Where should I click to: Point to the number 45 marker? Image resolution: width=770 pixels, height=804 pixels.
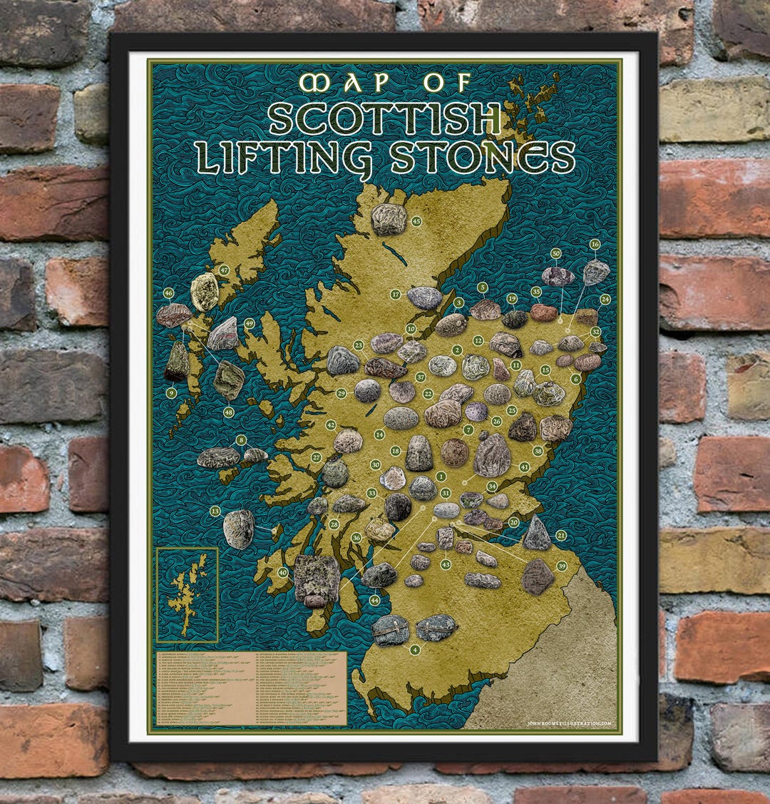point(416,221)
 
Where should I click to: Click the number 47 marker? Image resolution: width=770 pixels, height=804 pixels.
point(224,270)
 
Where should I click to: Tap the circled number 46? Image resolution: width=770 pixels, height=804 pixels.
point(168,292)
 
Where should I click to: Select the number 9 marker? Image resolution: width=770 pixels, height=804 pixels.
point(171,392)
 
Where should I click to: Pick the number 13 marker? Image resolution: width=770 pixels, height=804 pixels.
point(215,511)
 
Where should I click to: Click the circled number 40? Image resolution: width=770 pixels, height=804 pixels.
point(283,572)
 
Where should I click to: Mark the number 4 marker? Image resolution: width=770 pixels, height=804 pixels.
point(415,650)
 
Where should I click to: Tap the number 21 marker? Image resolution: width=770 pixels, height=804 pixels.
point(561,535)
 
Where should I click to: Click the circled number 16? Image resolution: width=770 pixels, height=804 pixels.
point(595,244)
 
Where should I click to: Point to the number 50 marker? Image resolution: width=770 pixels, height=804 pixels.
point(556,253)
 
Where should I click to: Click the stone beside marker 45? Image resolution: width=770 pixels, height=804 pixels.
point(389,219)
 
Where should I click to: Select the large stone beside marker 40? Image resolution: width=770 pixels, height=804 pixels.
point(317,580)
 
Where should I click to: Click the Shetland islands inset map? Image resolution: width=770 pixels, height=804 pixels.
point(187,595)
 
